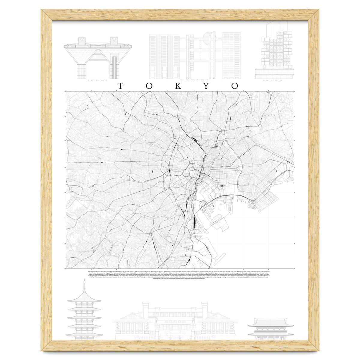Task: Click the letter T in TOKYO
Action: point(120,86)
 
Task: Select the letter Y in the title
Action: point(206,86)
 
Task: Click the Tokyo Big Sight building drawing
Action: point(98,57)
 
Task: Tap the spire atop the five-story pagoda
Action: point(84,285)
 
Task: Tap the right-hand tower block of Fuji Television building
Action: point(231,55)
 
